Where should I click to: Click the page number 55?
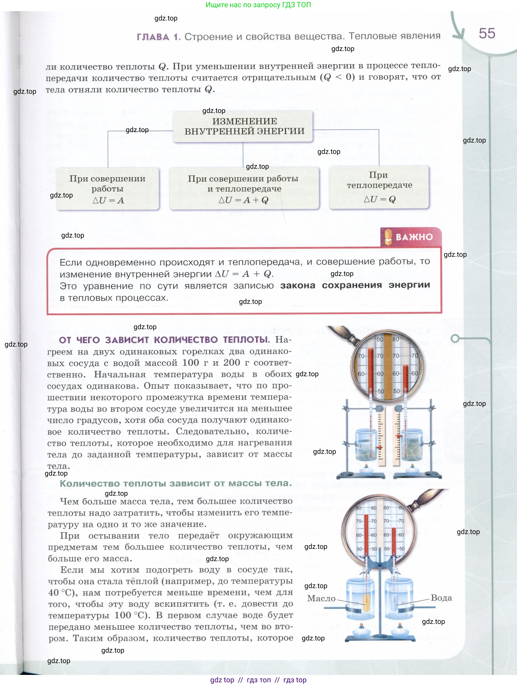click(487, 34)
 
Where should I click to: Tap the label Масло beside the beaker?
click(321, 598)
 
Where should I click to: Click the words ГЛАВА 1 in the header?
click(158, 37)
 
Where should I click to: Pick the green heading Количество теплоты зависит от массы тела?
click(176, 483)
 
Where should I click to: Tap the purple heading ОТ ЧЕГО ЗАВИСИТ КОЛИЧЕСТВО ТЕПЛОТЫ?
click(164, 340)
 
